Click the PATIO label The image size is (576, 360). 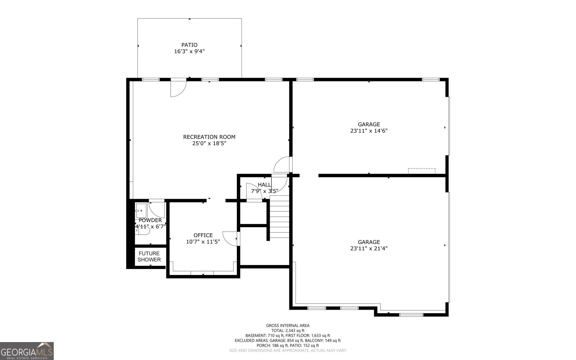189,45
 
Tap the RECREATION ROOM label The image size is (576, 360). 209,137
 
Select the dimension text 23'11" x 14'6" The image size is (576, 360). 369,131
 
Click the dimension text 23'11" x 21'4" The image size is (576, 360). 369,248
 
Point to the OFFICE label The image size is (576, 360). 203,235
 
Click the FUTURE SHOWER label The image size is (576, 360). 149,256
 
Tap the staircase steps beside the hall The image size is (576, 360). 279,216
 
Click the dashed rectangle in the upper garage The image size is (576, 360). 422,171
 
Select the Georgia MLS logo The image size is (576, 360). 27,351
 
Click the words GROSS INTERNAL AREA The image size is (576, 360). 288,325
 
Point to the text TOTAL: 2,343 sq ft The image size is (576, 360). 288,330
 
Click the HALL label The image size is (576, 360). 264,185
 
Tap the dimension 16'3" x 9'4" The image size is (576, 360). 189,51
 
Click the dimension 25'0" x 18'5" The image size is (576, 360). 209,143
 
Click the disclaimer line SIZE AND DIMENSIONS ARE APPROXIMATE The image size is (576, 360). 288,350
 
